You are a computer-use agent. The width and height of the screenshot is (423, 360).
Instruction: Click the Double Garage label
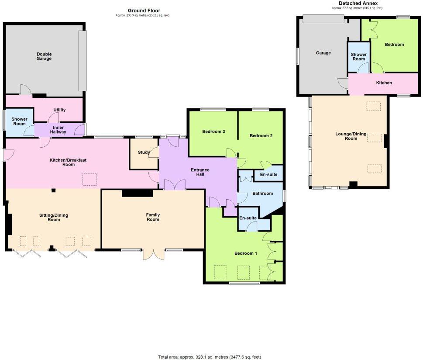pyautogui.click(x=44, y=56)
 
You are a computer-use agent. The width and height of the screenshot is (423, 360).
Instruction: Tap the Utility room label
pyautogui.click(x=59, y=110)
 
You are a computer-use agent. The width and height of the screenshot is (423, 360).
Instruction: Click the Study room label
pyautogui.click(x=144, y=152)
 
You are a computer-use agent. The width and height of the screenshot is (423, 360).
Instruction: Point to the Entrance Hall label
pyautogui.click(x=200, y=172)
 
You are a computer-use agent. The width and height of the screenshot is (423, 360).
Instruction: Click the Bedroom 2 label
pyautogui.click(x=261, y=135)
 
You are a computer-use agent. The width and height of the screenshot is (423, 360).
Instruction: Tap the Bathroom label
pyautogui.click(x=262, y=194)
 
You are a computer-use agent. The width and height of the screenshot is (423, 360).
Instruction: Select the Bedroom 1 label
pyautogui.click(x=246, y=253)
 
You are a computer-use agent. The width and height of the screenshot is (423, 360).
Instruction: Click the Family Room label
pyautogui.click(x=153, y=217)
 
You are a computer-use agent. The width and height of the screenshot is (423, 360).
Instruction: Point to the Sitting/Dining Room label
pyautogui.click(x=54, y=218)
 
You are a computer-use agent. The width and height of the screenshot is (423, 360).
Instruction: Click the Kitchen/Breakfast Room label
pyautogui.click(x=68, y=163)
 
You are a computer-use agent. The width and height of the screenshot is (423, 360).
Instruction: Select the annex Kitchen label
pyautogui.click(x=384, y=83)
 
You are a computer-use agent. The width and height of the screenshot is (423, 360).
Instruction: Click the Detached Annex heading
pyautogui.click(x=358, y=3)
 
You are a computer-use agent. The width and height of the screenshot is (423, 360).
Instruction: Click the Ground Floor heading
pyautogui.click(x=144, y=10)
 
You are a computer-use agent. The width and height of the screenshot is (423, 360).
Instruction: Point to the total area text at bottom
pyautogui.click(x=209, y=357)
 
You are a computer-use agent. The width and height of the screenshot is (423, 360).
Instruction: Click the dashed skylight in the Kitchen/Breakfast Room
pyautogui.click(x=90, y=180)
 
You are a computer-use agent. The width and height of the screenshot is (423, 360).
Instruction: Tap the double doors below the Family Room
pyautogui.click(x=154, y=254)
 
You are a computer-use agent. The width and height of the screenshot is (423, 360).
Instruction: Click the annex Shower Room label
pyautogui.click(x=358, y=57)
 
